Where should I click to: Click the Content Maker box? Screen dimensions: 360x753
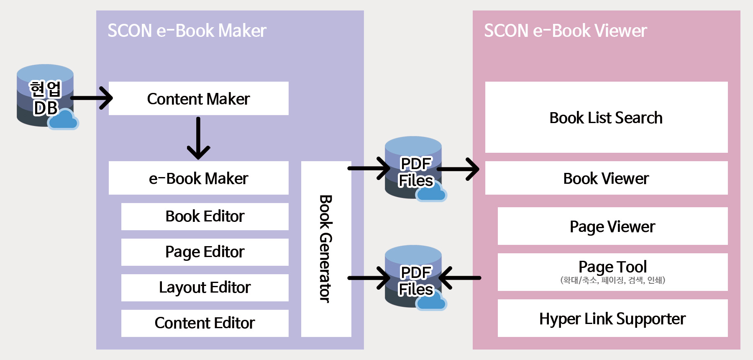point(198,98)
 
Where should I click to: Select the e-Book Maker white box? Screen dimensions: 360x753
point(198,178)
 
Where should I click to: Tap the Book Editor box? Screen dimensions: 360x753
point(205,216)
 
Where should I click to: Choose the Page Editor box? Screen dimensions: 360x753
point(205,252)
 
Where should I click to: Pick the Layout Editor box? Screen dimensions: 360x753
point(205,288)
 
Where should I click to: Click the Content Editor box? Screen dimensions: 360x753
point(205,323)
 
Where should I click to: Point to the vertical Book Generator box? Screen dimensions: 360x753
point(326,249)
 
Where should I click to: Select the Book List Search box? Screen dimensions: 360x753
point(606,117)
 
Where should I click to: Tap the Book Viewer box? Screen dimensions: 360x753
point(606,178)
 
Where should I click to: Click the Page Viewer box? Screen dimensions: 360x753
point(612,226)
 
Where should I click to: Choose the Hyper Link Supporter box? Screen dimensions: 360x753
point(612,318)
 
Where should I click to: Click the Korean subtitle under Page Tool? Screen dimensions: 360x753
point(612,280)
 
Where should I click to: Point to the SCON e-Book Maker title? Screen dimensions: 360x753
point(187,31)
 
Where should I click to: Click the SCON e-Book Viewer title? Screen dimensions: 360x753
point(565,31)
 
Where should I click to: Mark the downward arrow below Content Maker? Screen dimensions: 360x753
point(198,138)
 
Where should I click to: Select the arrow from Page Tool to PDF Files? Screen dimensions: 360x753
point(460,278)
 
